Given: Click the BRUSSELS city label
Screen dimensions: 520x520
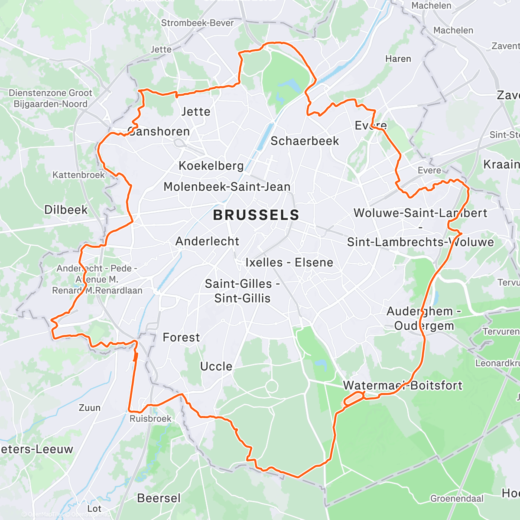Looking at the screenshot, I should (x=256, y=215).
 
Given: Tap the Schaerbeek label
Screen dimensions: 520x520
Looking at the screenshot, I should (x=305, y=141).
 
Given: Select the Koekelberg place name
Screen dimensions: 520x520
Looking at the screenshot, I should (x=211, y=166).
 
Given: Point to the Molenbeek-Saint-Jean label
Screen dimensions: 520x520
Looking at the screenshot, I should (x=227, y=187).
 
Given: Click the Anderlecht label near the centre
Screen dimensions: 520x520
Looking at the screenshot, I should (x=207, y=241).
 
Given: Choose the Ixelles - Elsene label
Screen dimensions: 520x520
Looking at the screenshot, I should (x=289, y=263).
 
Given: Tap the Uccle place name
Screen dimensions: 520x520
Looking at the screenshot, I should (x=216, y=367).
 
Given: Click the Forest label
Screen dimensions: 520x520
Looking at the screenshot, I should (x=181, y=338).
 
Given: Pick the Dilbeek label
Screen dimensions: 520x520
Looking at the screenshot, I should (x=66, y=210).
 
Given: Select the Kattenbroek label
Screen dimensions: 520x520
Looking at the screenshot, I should (x=78, y=175).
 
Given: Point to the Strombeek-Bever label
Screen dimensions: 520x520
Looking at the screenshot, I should (x=197, y=23).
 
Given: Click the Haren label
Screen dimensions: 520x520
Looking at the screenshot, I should (x=398, y=58).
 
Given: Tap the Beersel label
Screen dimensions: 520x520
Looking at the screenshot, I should (x=159, y=498).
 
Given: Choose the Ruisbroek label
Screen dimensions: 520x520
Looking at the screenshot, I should (x=150, y=419).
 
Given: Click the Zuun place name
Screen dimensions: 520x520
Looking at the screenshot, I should (x=89, y=408).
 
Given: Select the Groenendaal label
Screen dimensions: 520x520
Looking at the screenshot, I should (x=457, y=498).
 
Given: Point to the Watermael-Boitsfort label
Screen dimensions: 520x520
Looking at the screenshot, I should (x=403, y=386).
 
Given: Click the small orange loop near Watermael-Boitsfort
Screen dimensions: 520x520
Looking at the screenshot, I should (x=354, y=398).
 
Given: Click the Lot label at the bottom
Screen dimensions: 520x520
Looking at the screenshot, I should (x=94, y=508).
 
